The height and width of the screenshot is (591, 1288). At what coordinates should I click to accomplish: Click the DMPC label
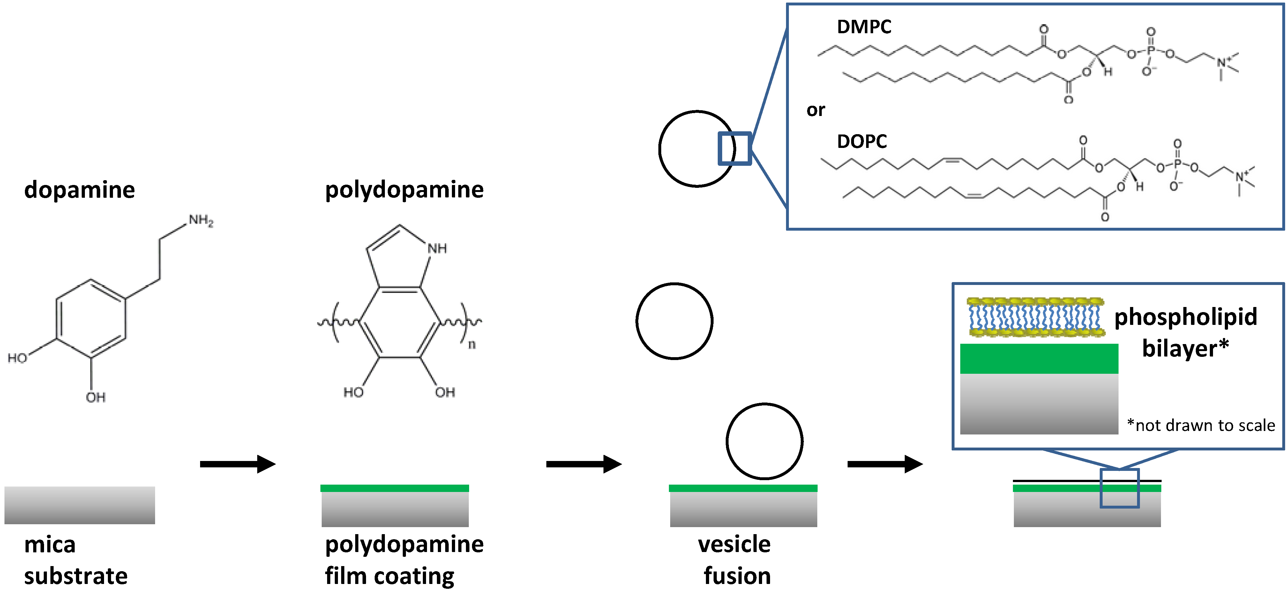pyautogui.click(x=864, y=27)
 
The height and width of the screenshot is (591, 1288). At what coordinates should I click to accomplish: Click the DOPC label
pyautogui.click(x=862, y=142)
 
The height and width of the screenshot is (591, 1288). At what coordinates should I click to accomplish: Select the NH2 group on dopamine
pyautogui.click(x=201, y=220)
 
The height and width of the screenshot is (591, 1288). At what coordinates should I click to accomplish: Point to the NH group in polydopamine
pyautogui.click(x=437, y=248)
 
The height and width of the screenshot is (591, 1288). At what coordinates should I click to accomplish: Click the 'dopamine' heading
pyautogui.click(x=79, y=190)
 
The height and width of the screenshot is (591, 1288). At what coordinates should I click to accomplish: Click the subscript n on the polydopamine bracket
pyautogui.click(x=471, y=344)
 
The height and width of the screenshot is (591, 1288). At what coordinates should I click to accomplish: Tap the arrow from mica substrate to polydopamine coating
pyautogui.click(x=237, y=464)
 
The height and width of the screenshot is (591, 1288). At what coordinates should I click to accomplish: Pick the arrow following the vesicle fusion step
pyautogui.click(x=885, y=464)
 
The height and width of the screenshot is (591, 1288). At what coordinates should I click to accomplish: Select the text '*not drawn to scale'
pyautogui.click(x=1201, y=425)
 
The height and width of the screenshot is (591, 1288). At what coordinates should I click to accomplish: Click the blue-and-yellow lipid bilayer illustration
pyautogui.click(x=1036, y=317)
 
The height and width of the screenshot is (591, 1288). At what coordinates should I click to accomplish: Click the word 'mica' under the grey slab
pyautogui.click(x=50, y=544)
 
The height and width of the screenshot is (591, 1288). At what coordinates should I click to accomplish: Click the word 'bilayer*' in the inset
pyautogui.click(x=1185, y=348)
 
